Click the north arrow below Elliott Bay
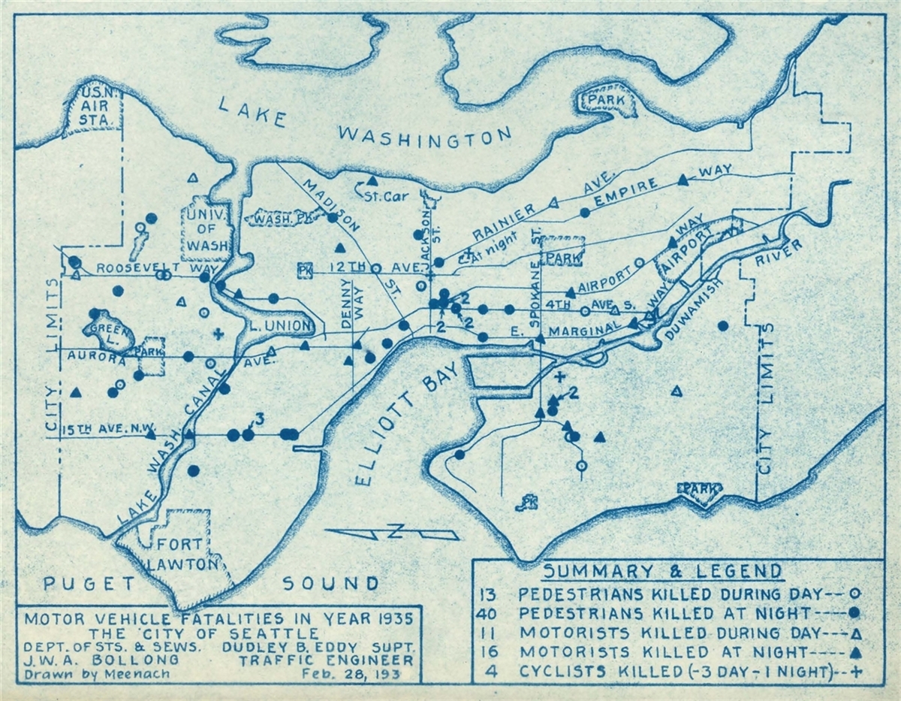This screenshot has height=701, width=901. [x=392, y=533]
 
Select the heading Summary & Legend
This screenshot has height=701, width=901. [x=663, y=570]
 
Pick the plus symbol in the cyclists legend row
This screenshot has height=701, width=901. [x=853, y=672]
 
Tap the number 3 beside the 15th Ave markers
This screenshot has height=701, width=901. [x=260, y=418]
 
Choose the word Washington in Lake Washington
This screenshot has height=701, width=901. [x=424, y=135]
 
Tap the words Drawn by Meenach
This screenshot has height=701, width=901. [x=97, y=674]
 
